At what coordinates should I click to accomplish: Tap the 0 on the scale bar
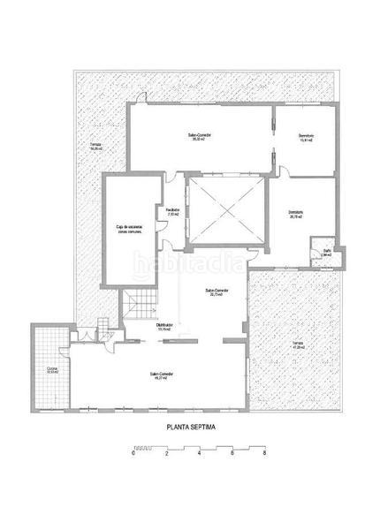point(133,454)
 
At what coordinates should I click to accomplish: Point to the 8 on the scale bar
point(264,454)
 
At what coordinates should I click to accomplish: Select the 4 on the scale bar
point(199,454)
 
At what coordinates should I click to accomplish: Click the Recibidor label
point(173,212)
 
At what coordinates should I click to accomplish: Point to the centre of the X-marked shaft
point(225,211)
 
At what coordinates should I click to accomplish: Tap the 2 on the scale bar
point(166,454)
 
